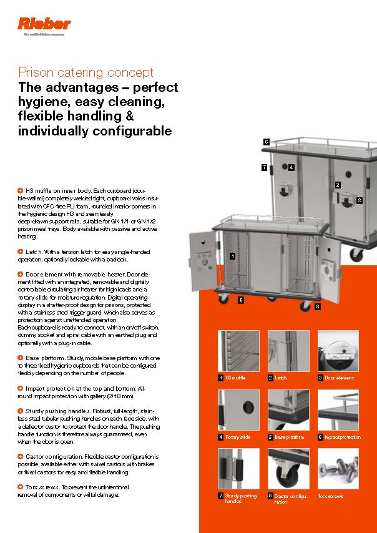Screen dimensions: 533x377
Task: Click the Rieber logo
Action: (44, 25)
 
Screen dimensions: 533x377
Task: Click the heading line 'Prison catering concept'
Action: (86, 72)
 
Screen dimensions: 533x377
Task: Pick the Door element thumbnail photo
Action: (338, 351)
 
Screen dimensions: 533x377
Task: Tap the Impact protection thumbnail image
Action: (338, 410)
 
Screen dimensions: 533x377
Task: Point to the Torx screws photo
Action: (338, 469)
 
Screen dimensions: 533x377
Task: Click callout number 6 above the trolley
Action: (266, 142)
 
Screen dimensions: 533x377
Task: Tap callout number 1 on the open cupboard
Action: (232, 256)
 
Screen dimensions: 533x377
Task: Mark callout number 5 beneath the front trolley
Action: (240, 300)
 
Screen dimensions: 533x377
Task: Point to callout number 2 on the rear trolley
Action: (338, 185)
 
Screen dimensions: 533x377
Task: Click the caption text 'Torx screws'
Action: (331, 497)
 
